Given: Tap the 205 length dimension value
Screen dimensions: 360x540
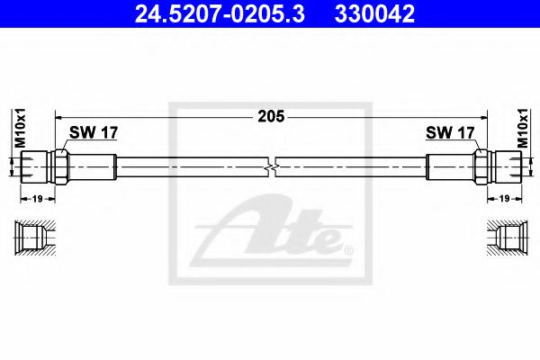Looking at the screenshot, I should click(271, 116).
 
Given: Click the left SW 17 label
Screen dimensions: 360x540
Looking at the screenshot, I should click(93, 132).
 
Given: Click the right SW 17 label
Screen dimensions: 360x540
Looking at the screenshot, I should click(450, 132).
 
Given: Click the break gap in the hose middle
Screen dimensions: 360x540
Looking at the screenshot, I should click(273, 166).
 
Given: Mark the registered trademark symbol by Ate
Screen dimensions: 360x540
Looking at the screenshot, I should click(348, 247).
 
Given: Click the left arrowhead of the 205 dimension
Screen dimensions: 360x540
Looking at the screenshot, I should click(60, 116).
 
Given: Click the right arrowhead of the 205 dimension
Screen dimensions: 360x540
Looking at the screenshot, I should click(481, 116).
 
